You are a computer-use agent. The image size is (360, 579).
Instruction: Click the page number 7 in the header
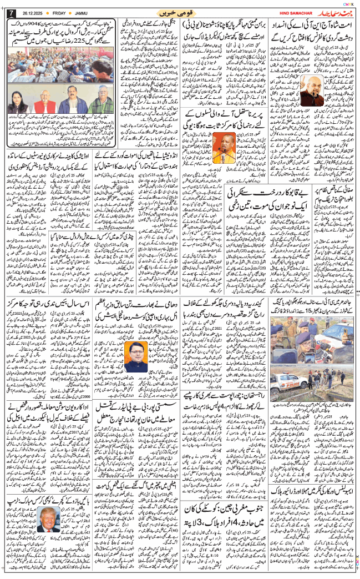click(9, 12)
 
